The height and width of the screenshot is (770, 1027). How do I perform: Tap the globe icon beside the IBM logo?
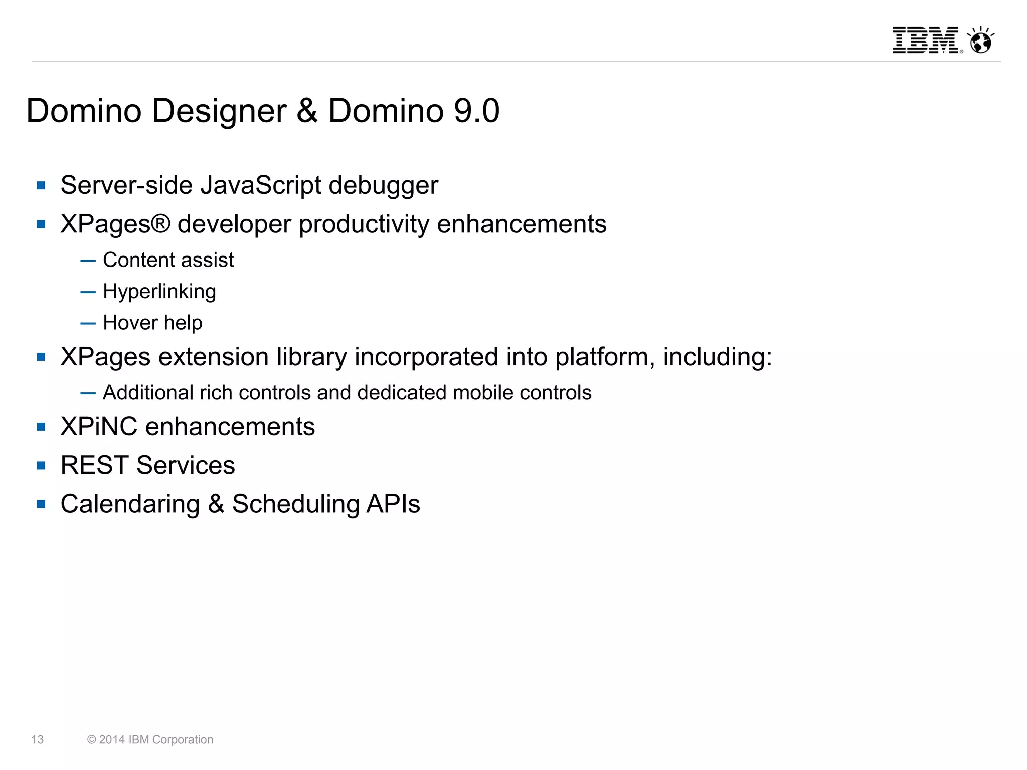point(980,40)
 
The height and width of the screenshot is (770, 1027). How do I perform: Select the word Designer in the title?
point(219,111)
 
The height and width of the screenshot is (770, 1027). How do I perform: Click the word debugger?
point(383,185)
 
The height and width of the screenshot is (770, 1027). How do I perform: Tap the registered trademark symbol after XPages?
point(160,223)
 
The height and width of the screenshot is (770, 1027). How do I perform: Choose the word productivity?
point(364,224)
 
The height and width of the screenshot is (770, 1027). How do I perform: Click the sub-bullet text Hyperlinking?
point(159,292)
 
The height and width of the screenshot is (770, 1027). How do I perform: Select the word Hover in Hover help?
point(130,323)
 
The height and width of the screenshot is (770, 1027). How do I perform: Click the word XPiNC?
point(99,427)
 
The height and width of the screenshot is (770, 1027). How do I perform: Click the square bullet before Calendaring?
point(41,504)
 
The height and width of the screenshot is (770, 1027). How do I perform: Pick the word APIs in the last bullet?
point(393,504)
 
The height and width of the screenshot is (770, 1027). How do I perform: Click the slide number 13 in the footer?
point(38,740)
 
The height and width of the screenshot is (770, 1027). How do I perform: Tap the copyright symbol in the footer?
point(91,740)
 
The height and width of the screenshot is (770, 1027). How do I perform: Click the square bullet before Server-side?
point(41,186)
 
